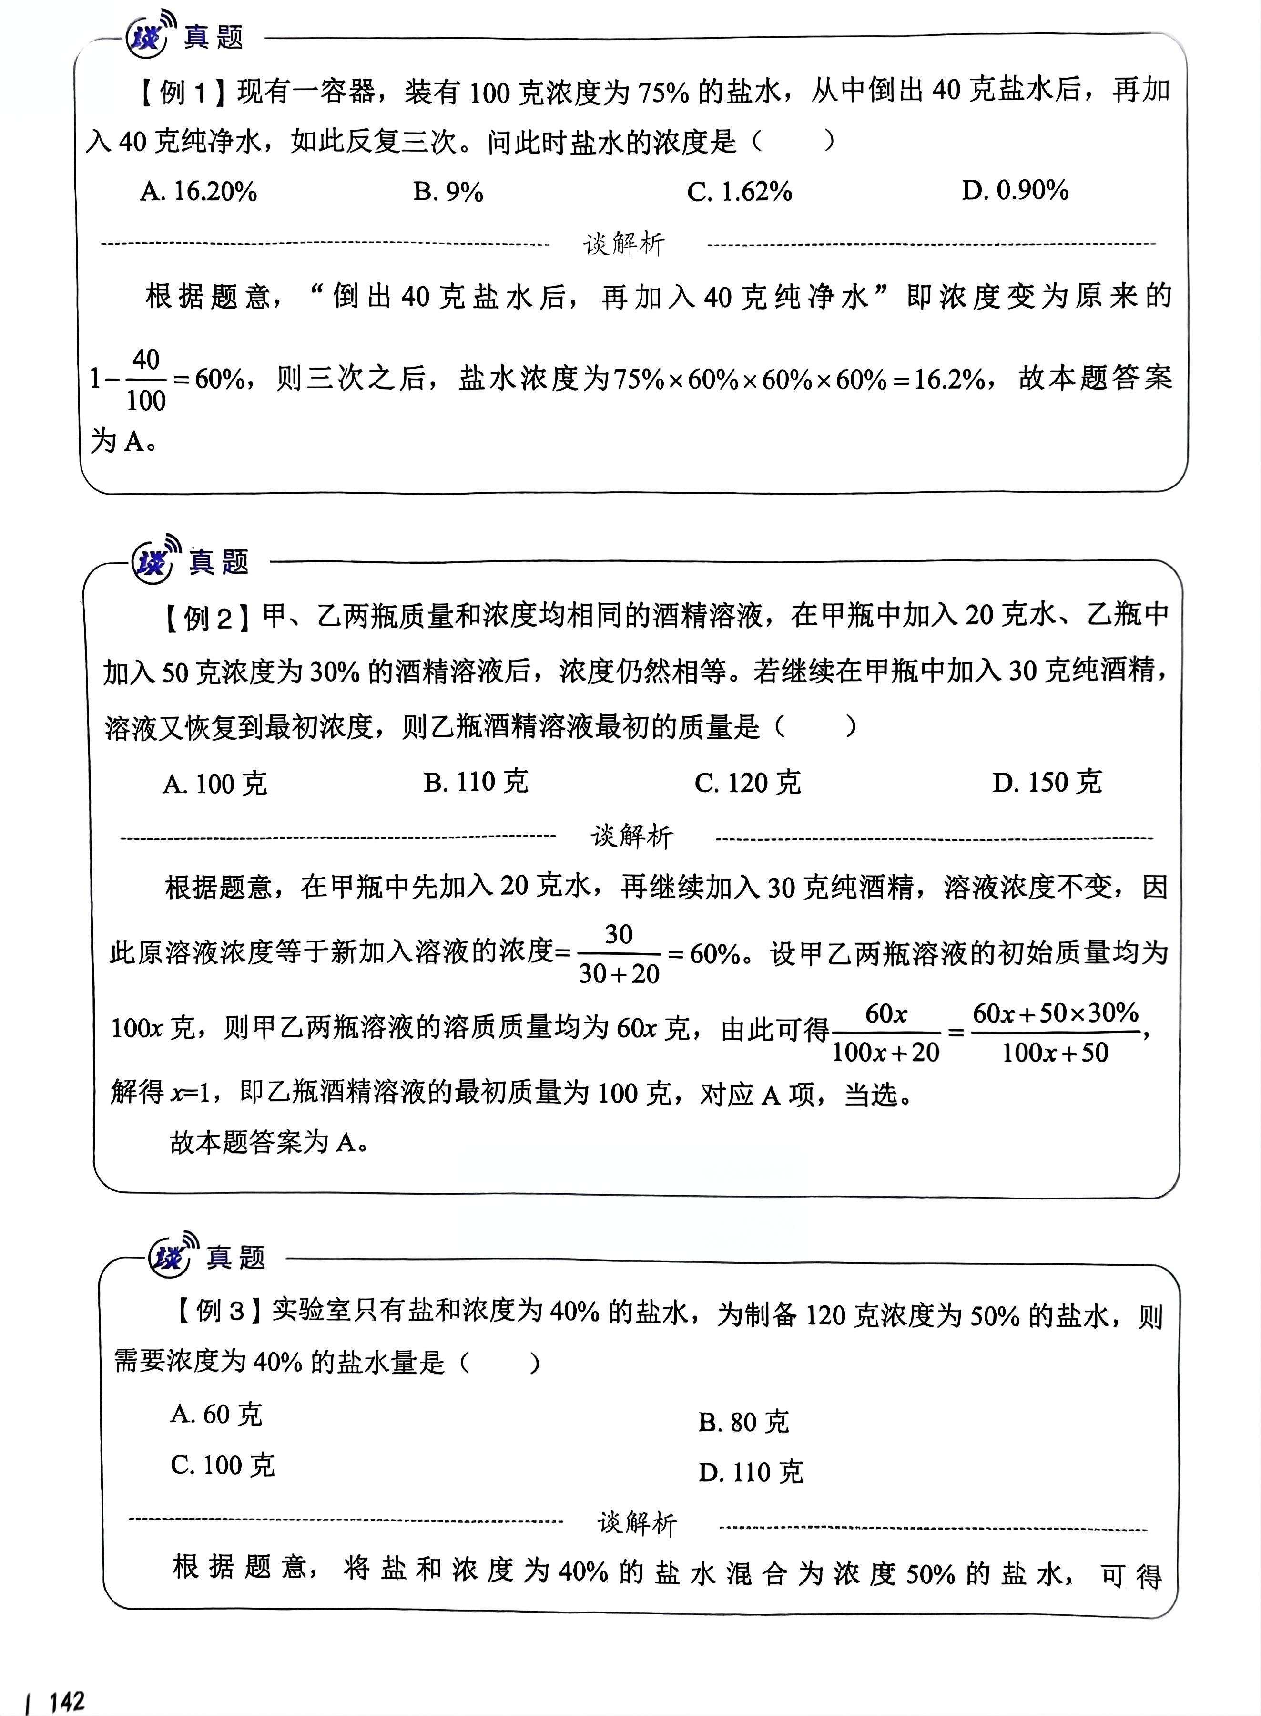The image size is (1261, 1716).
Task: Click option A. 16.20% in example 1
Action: pos(198,191)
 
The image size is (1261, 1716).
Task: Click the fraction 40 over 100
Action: pos(146,380)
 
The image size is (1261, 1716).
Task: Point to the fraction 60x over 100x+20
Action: pos(885,1033)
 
